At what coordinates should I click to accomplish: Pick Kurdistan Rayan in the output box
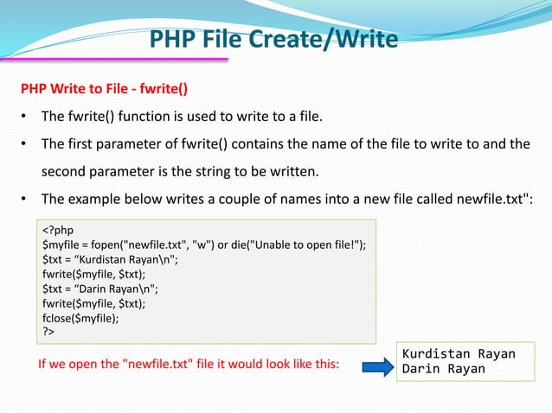coord(459,354)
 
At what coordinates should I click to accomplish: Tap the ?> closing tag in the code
coord(48,330)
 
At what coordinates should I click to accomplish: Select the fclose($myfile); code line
coord(82,317)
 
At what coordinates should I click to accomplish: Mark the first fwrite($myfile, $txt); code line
coord(91,275)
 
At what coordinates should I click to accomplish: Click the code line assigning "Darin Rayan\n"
coord(103,289)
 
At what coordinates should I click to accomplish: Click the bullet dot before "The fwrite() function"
coord(27,117)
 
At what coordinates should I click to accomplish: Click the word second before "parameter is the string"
coord(69,169)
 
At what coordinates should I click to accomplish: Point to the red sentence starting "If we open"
coord(189,364)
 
